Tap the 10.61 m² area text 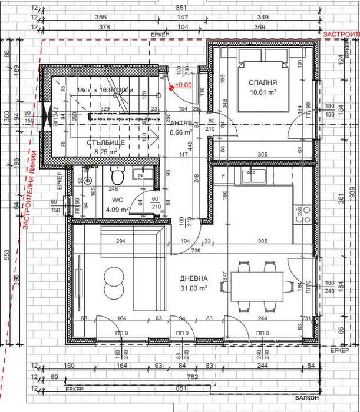click(263, 92)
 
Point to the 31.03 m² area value click(194, 288)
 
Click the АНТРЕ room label click(180, 124)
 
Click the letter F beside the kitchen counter click(224, 175)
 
